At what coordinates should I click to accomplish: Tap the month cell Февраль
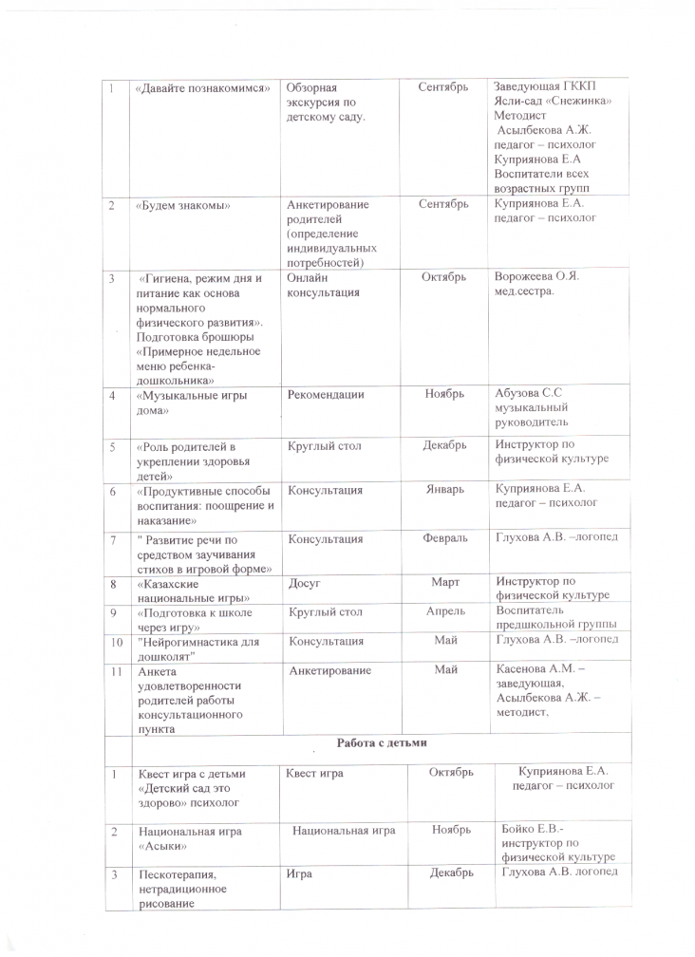coord(444,538)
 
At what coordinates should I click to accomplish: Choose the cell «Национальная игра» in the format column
coord(344,830)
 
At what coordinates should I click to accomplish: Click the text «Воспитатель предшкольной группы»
coord(555,618)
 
